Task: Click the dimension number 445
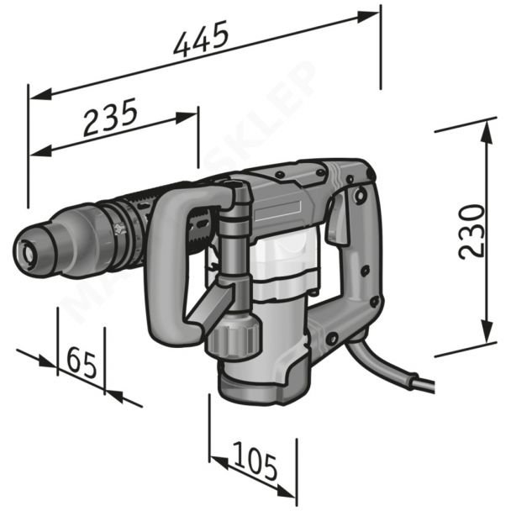click(201, 40)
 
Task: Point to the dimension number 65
click(81, 362)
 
